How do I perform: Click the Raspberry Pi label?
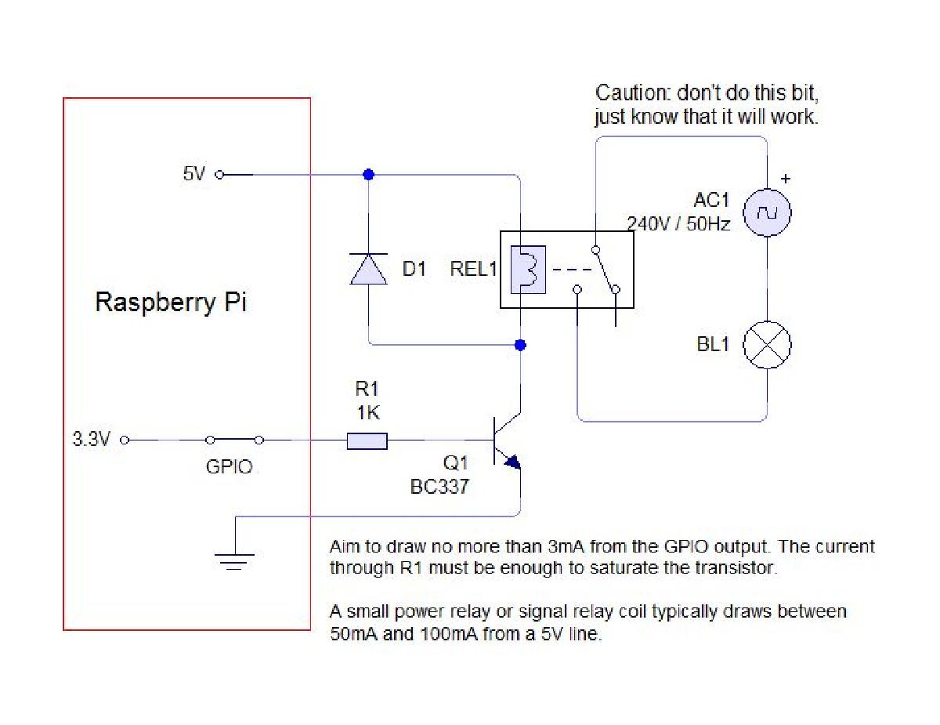pyautogui.click(x=171, y=303)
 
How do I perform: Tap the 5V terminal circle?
pyautogui.click(x=219, y=175)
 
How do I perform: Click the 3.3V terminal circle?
pyautogui.click(x=125, y=440)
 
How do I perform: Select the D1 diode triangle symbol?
pyautogui.click(x=369, y=269)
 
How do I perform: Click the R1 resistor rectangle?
pyautogui.click(x=367, y=441)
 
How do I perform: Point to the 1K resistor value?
pyautogui.click(x=368, y=412)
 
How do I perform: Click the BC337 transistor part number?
pyautogui.click(x=439, y=487)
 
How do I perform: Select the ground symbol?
pyautogui.click(x=234, y=561)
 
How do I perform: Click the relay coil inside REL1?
pyautogui.click(x=528, y=270)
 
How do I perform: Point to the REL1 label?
pyautogui.click(x=473, y=269)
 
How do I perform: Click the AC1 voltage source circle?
pyautogui.click(x=767, y=212)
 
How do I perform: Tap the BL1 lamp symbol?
pyautogui.click(x=767, y=345)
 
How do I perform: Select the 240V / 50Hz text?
pyautogui.click(x=678, y=224)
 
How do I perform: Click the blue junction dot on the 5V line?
pyautogui.click(x=369, y=175)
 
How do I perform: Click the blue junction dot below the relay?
pyautogui.click(x=520, y=345)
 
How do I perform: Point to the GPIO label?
pyautogui.click(x=230, y=466)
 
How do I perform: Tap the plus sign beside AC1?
pyautogui.click(x=786, y=179)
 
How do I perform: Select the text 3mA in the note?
pyautogui.click(x=566, y=546)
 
